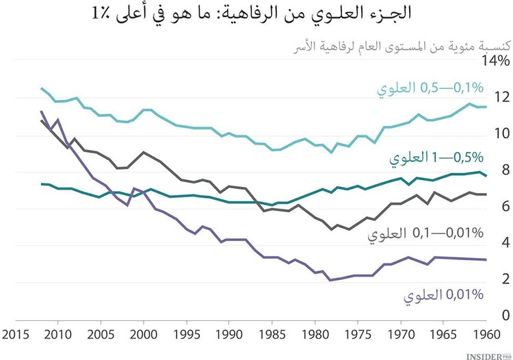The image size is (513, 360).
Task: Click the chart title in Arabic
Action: pyautogui.click(x=256, y=14)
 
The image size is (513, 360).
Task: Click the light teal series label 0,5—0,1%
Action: pyautogui.click(x=429, y=88)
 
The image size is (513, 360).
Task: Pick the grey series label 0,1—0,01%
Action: pyautogui.click(x=426, y=234)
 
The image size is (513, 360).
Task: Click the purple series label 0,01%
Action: pyautogui.click(x=444, y=295)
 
